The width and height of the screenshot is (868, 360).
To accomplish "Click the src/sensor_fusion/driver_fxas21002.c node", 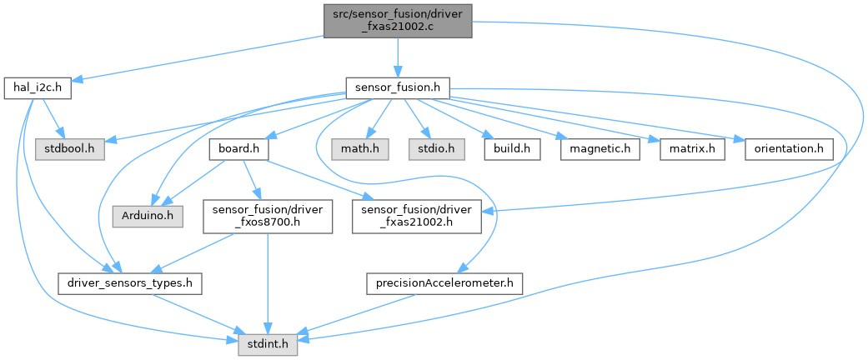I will point(399,18).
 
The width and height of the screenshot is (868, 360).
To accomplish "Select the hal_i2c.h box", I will point(37,87).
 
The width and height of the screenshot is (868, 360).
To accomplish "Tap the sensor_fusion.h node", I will point(399,87).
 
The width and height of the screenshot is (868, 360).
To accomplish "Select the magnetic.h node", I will point(600,148).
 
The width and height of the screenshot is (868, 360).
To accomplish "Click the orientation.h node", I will point(784,148).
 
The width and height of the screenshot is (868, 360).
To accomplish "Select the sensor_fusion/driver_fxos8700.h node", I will point(267,216).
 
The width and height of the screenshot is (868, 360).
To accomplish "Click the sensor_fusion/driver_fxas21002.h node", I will point(417,216).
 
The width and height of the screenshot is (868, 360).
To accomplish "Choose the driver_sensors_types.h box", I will point(129,284).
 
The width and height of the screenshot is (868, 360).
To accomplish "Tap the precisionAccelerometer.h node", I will point(444,284).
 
